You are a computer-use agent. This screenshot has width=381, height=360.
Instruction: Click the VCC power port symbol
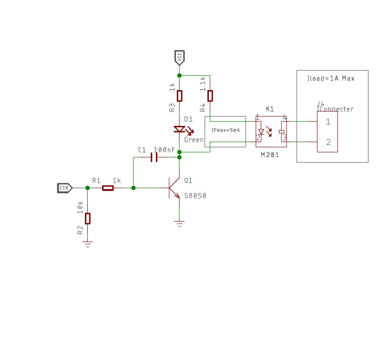tap(179, 58)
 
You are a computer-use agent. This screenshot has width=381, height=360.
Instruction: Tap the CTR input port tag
tap(64, 188)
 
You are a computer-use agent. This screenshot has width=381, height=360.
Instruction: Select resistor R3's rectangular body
tap(179, 96)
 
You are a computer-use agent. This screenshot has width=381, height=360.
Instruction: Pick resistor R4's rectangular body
tap(210, 96)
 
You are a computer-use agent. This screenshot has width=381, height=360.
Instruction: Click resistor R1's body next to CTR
tap(108, 188)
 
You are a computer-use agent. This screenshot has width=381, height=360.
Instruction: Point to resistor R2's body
tap(87, 218)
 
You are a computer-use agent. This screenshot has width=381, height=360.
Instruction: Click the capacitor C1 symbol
tap(154, 157)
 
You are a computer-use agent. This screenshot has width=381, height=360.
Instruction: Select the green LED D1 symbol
tap(180, 129)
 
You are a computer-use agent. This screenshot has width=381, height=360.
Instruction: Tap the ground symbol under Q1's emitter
tap(179, 223)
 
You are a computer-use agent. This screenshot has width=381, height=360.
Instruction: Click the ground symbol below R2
tap(87, 244)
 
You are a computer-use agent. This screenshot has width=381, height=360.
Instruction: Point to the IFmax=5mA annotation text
tap(225, 130)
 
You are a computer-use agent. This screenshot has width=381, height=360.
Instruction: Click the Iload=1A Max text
tap(330, 78)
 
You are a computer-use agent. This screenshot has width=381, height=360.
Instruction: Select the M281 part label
tap(269, 155)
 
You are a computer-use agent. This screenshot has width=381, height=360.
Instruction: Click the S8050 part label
tap(195, 196)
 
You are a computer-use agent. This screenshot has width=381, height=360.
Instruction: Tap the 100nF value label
tap(164, 150)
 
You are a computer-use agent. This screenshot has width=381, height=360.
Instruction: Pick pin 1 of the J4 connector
tap(328, 122)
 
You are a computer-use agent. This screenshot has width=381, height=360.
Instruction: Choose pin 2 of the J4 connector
tap(328, 142)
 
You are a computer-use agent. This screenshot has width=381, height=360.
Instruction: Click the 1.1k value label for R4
tap(203, 84)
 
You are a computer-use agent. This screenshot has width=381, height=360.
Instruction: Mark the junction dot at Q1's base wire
tap(133, 188)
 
